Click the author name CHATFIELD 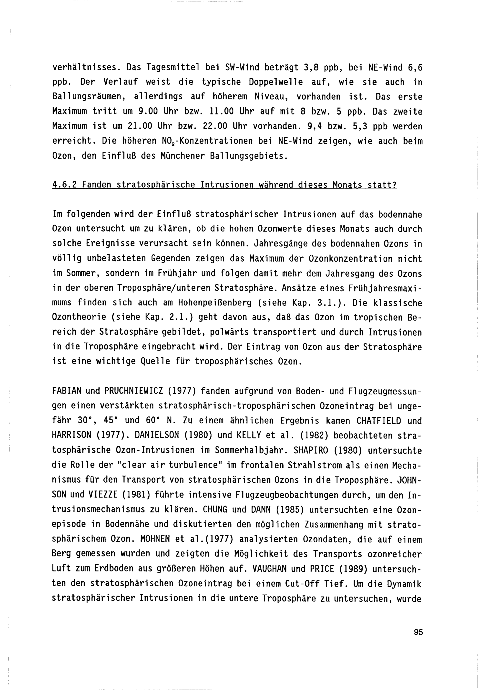point(379,420)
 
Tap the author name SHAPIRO point(313,450)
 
